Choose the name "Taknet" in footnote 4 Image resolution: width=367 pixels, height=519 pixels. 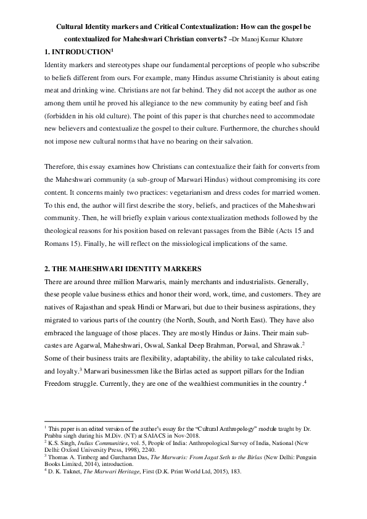click(67, 471)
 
